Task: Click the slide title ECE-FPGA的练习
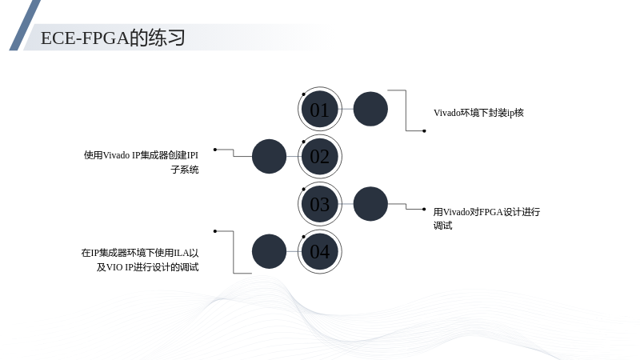coord(113,38)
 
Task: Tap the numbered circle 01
coord(319,109)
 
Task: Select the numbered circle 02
coord(319,156)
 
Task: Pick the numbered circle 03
coord(319,204)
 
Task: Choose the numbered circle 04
coord(319,251)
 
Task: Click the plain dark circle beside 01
coord(370,109)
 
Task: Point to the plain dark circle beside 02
coord(269,156)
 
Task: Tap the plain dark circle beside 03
coord(370,204)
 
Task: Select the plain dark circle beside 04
coord(269,251)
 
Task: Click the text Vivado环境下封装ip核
coord(478,113)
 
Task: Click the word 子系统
coord(185,170)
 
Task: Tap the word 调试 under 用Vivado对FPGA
coord(443,226)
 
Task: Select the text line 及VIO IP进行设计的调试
coord(148,267)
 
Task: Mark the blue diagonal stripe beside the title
coord(25,25)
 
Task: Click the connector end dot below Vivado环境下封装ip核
coord(424,131)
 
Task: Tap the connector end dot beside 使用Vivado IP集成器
coord(215,150)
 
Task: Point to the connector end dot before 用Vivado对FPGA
coord(424,210)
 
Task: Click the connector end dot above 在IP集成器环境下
coord(215,231)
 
